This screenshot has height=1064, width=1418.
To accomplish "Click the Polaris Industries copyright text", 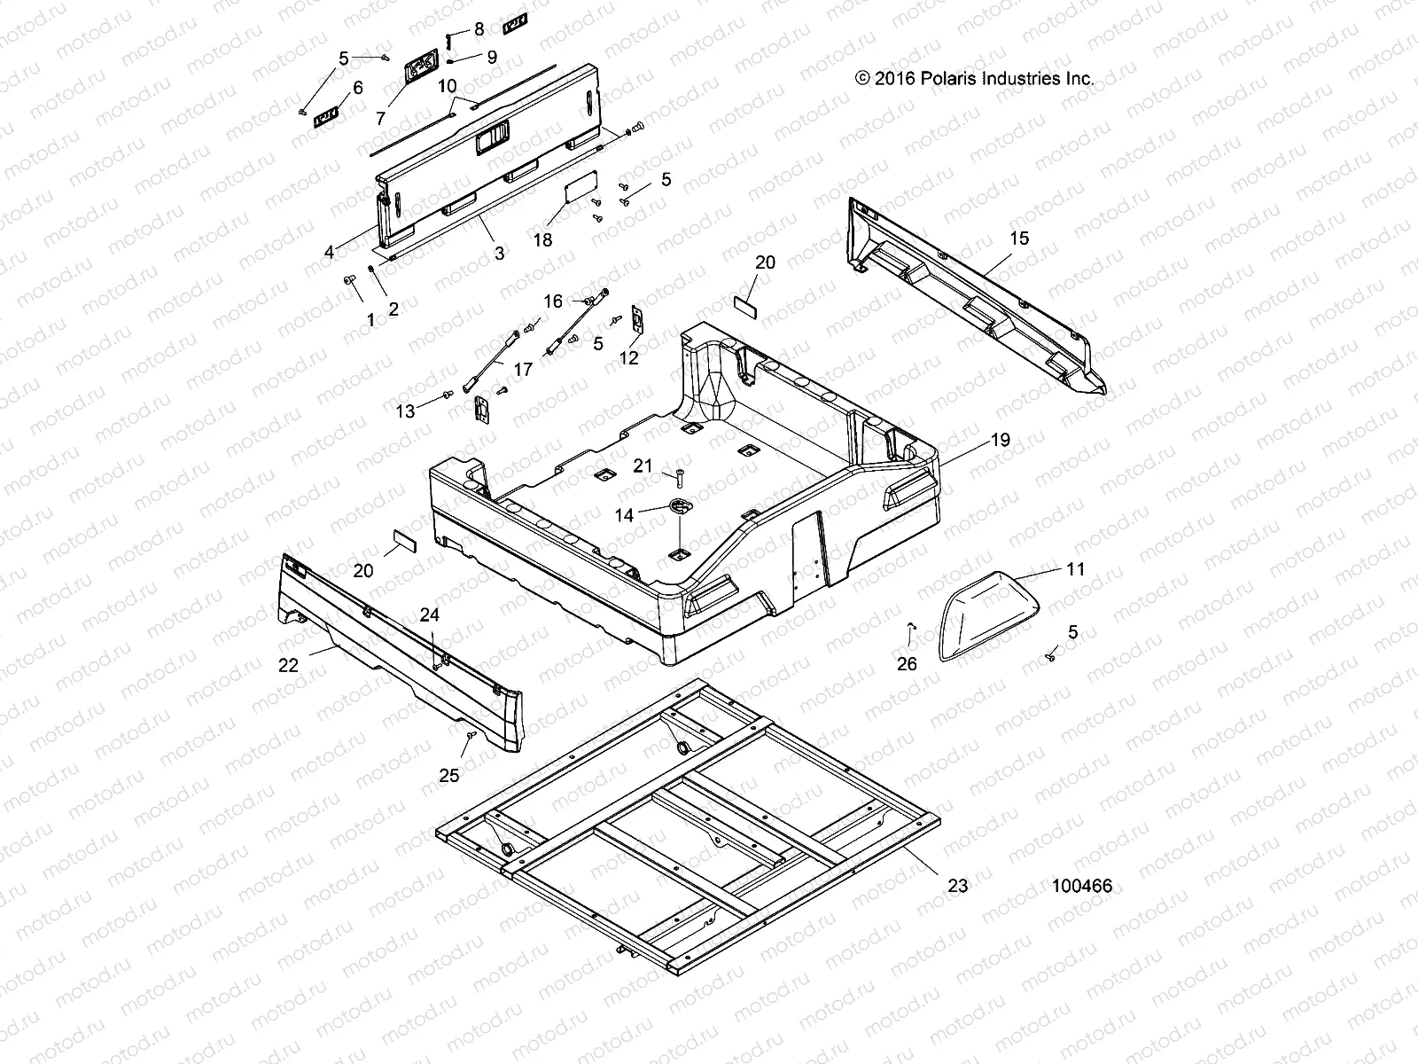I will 975,78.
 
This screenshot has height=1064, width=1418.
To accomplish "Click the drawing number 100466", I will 1082,886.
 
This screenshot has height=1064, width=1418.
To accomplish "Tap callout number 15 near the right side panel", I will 1019,238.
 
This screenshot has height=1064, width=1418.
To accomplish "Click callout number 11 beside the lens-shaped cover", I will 1075,569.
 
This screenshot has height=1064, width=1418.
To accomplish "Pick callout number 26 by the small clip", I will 908,663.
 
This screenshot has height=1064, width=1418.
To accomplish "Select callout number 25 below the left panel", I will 449,775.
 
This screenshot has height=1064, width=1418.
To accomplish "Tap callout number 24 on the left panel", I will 430,614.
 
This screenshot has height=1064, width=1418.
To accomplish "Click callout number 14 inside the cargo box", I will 624,514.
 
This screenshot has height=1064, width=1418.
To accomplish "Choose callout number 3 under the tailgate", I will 499,254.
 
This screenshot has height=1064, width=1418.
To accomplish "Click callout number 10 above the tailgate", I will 448,86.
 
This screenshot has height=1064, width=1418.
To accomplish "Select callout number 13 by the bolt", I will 405,411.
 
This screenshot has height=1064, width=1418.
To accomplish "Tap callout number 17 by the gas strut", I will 523,368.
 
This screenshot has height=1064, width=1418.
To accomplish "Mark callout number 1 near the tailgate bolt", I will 370,320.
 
